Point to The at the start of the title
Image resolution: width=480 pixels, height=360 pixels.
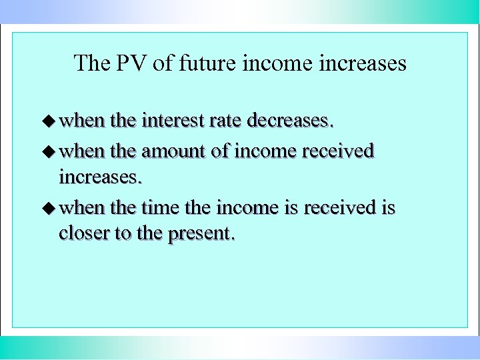click(x=89, y=63)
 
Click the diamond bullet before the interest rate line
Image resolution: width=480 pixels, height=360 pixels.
click(x=49, y=121)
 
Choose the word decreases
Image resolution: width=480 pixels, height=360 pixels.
click(x=289, y=121)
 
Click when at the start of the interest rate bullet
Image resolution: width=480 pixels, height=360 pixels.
click(x=82, y=121)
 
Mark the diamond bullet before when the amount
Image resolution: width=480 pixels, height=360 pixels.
click(x=49, y=151)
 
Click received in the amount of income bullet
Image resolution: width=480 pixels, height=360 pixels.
click(x=338, y=151)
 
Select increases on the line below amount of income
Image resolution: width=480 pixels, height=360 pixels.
click(x=100, y=177)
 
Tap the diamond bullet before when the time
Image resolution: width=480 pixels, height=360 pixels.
click(x=49, y=208)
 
